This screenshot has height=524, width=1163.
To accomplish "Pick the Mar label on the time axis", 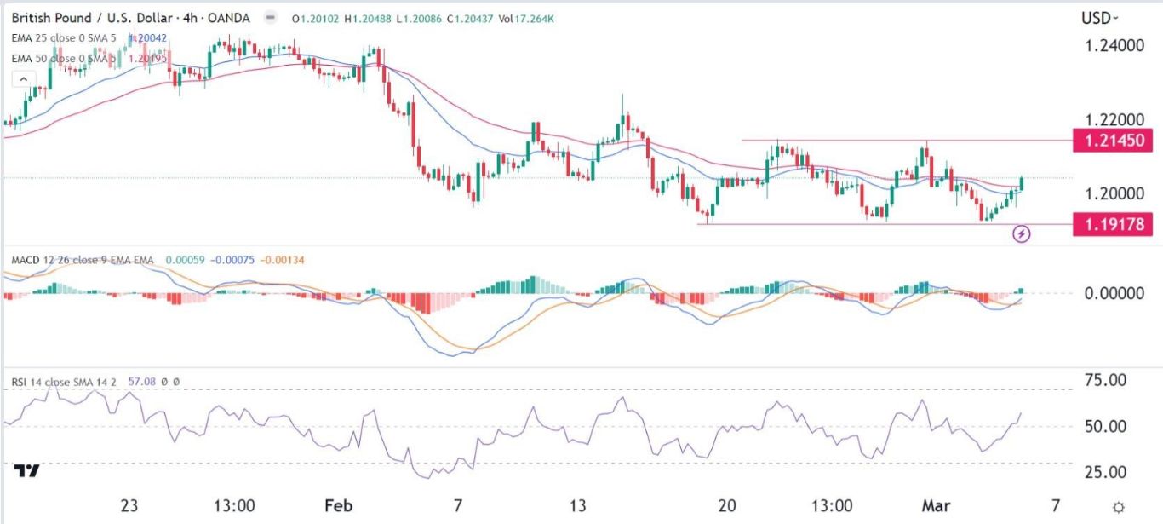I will click(x=933, y=505).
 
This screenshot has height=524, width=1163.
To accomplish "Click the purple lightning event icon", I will click(x=1023, y=233).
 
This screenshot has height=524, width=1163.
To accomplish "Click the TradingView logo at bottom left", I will click(x=27, y=471).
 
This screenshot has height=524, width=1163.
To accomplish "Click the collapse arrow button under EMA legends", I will click(x=23, y=79).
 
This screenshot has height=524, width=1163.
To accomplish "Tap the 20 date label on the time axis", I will click(x=725, y=505).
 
